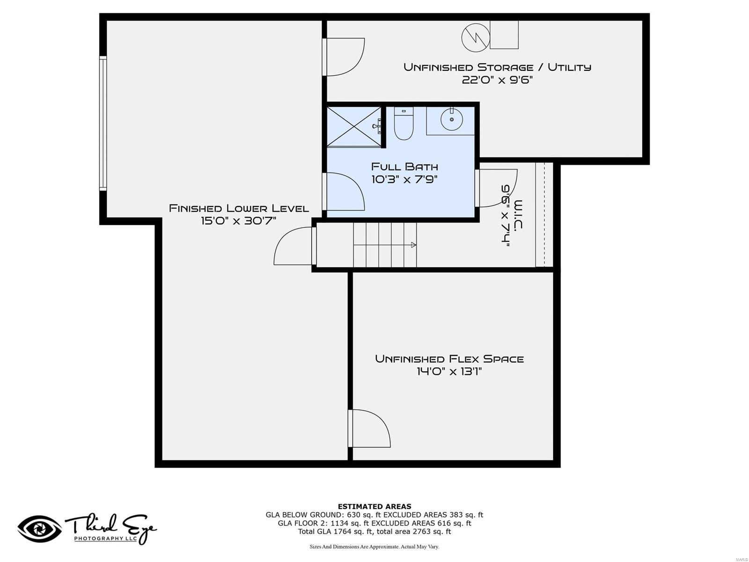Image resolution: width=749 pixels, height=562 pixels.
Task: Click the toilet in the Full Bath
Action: pyautogui.click(x=404, y=124)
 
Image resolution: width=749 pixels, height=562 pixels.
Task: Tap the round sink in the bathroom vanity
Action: pyautogui.click(x=452, y=119)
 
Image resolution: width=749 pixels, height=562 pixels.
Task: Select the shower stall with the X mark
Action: pyautogui.click(x=354, y=126)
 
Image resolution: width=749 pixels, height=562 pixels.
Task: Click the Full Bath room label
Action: pyautogui.click(x=404, y=167)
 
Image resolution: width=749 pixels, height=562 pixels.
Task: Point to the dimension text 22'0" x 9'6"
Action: pyautogui.click(x=497, y=80)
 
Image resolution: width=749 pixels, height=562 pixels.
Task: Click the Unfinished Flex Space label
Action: pyautogui.click(x=449, y=359)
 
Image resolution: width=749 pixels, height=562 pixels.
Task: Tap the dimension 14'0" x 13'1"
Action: pyautogui.click(x=449, y=372)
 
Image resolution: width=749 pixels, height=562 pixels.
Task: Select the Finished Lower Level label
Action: pyautogui.click(x=239, y=208)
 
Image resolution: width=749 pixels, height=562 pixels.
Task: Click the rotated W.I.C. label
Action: pyautogui.click(x=518, y=215)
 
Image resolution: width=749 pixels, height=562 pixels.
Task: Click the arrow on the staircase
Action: pyautogui.click(x=413, y=245)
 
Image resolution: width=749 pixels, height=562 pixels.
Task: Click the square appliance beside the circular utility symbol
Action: pyautogui.click(x=504, y=35)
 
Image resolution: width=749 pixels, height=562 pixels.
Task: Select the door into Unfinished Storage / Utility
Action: pyautogui.click(x=344, y=57)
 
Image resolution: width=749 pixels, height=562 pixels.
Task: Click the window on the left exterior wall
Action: pyautogui.click(x=103, y=123)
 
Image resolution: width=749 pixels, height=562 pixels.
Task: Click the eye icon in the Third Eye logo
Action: pyautogui.click(x=39, y=529)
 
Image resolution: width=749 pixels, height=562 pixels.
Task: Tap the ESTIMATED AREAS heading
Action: pyautogui.click(x=374, y=506)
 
